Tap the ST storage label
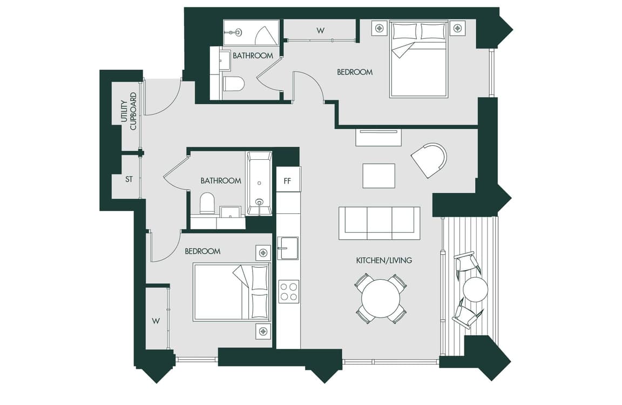[x=129, y=179]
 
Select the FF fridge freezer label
[x=288, y=181]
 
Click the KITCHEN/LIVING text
[x=384, y=260]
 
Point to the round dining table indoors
[x=381, y=298]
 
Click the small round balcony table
[x=475, y=289]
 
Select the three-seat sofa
[x=379, y=223]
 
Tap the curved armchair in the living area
[x=430, y=160]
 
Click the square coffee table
[x=379, y=175]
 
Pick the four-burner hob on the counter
[x=289, y=292]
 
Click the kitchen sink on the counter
[x=288, y=248]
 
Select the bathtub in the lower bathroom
[x=259, y=183]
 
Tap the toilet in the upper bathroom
[x=234, y=84]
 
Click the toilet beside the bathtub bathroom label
[x=207, y=203]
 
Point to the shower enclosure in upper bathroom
[x=251, y=32]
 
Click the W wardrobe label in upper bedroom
[x=321, y=30]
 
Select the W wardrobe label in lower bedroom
[x=156, y=321]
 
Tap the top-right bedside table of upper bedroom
[x=457, y=28]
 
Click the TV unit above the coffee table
[x=378, y=137]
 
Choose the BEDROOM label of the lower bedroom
[x=202, y=251]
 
